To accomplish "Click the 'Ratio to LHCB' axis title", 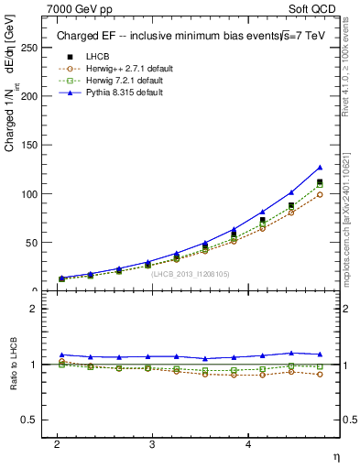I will (13, 364).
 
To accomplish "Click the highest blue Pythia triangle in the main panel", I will (320, 168).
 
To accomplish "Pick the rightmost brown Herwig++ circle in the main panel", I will (320, 194).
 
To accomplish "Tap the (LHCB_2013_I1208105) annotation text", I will (191, 273).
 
